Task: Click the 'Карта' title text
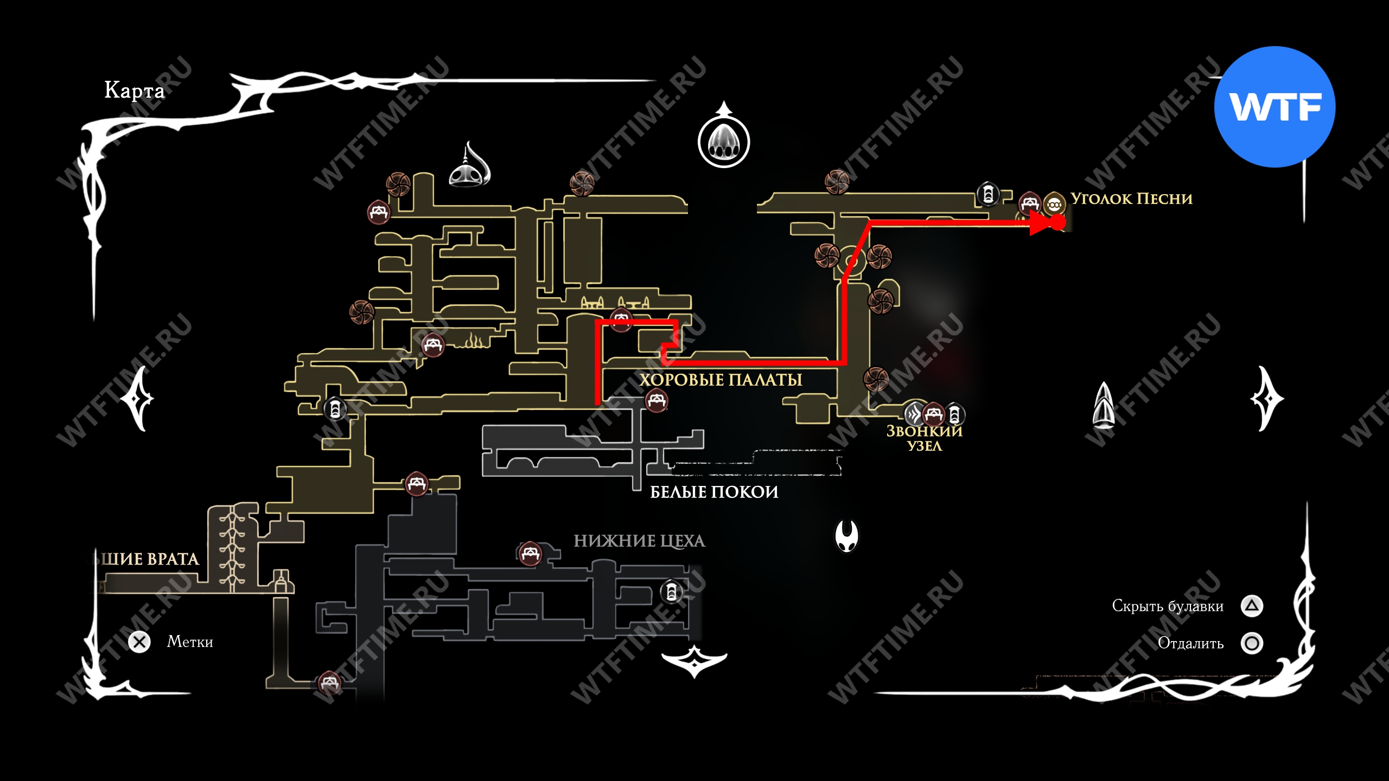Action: click(x=134, y=90)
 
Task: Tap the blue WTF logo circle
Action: click(x=1275, y=107)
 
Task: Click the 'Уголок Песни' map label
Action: click(x=1131, y=199)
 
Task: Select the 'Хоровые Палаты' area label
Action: click(x=721, y=380)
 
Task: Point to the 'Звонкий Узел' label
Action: click(x=924, y=438)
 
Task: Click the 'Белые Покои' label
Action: click(x=714, y=492)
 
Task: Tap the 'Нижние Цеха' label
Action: click(x=639, y=541)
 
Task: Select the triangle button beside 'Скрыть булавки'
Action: click(x=1252, y=606)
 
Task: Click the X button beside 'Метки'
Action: click(x=139, y=642)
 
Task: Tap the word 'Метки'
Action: click(x=190, y=642)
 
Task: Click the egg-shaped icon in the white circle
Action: click(x=723, y=142)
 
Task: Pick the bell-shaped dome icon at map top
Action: click(x=469, y=167)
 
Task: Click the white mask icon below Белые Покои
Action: click(x=846, y=535)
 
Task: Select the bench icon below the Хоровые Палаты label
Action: click(x=657, y=401)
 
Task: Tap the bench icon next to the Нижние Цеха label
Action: click(x=530, y=554)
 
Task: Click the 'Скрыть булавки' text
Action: click(x=1168, y=606)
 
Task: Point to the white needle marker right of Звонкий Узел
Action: click(x=1104, y=405)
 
